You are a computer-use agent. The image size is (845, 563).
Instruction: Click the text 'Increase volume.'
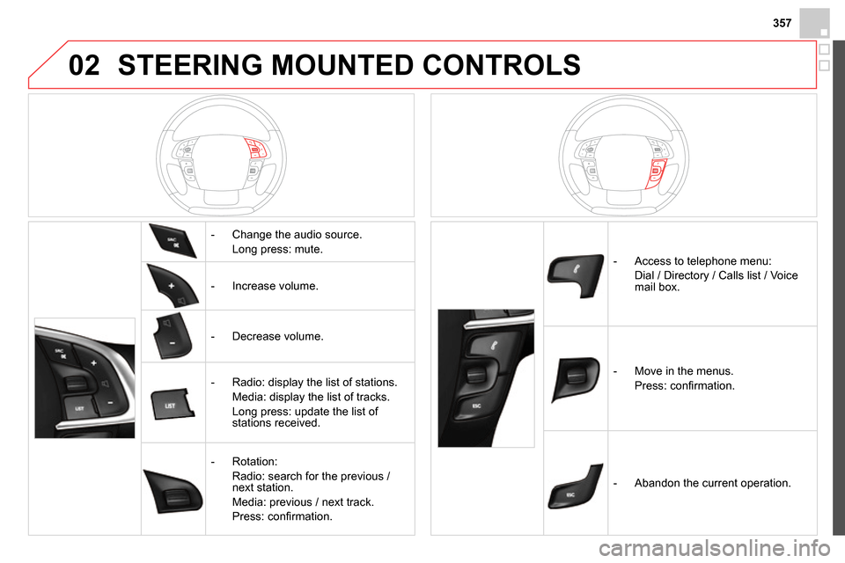(x=275, y=286)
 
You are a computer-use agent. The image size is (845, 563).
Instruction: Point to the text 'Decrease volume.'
(x=276, y=336)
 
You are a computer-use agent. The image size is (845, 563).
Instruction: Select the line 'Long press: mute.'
(x=277, y=250)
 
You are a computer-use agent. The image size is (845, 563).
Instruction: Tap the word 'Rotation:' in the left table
(x=254, y=461)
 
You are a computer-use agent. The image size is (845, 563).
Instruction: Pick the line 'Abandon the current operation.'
(x=713, y=483)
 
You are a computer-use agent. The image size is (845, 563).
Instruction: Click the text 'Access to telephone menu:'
(x=702, y=260)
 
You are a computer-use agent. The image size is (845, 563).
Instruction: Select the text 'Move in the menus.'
(x=684, y=371)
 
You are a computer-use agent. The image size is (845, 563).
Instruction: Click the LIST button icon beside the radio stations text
(x=173, y=405)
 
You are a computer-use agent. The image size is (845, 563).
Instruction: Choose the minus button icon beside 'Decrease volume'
(x=173, y=336)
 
